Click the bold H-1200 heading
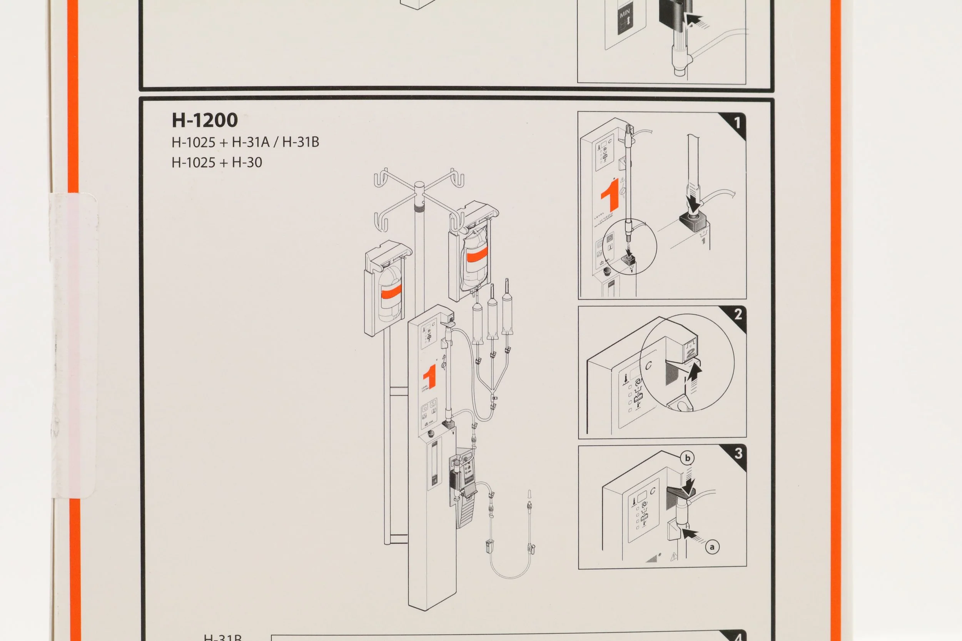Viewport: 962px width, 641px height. (x=204, y=120)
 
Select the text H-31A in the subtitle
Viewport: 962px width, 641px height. (x=251, y=142)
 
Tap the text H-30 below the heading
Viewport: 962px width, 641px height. (x=247, y=162)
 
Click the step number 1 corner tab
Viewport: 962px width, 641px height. (x=737, y=122)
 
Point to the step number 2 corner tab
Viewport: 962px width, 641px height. (x=737, y=315)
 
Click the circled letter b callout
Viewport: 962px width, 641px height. (x=687, y=458)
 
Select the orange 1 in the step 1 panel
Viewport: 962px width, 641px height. (x=610, y=195)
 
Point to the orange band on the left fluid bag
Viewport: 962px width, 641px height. (x=391, y=291)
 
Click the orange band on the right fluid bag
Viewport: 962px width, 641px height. (x=477, y=257)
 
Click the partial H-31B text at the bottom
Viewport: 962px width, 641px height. (x=222, y=637)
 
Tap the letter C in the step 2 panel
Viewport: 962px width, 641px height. (x=648, y=365)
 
